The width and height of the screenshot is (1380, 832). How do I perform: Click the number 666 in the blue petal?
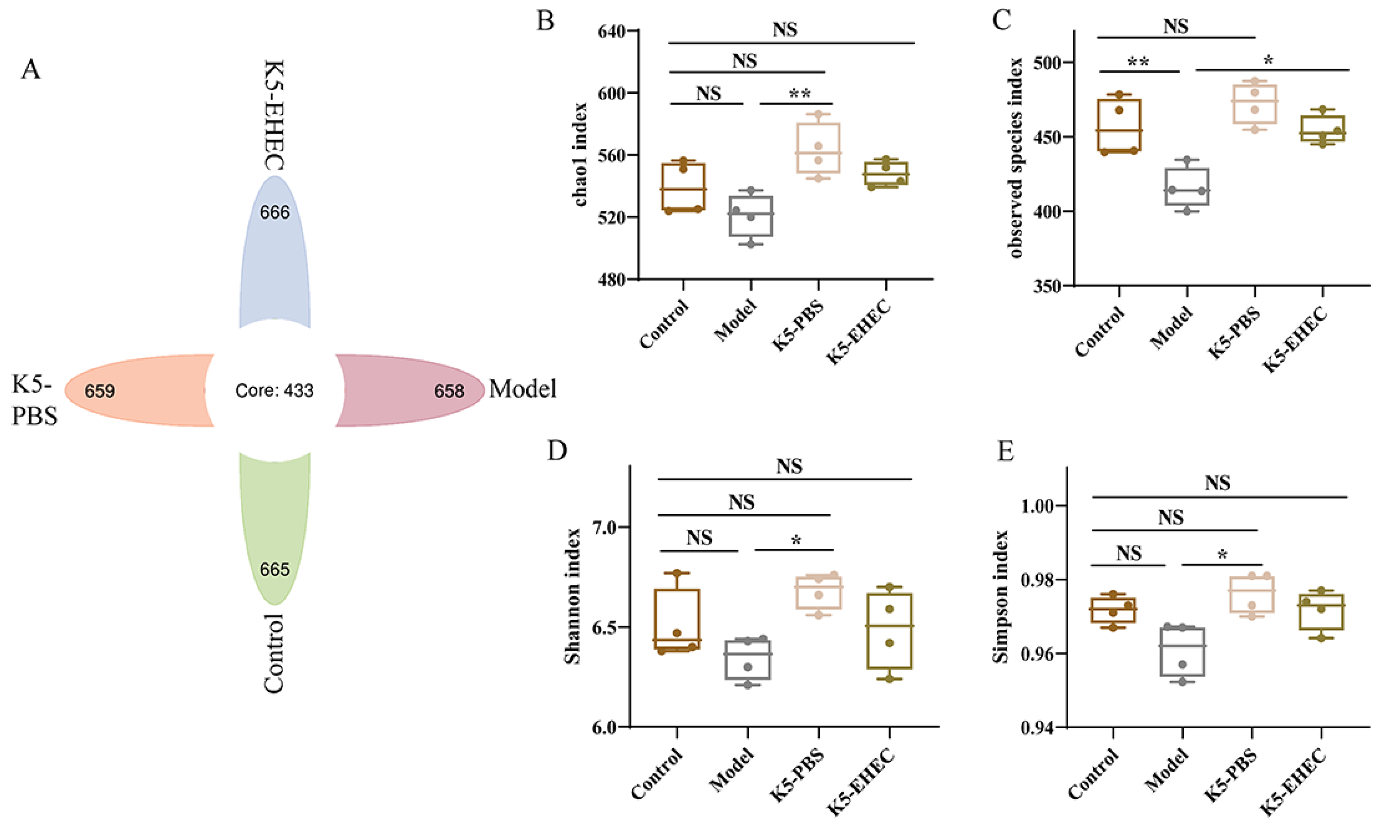click(274, 212)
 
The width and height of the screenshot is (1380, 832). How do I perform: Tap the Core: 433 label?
click(274, 390)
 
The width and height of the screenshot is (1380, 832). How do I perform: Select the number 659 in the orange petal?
click(100, 390)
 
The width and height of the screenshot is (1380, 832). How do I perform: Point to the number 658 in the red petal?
click(449, 390)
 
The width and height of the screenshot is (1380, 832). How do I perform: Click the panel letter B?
click(545, 21)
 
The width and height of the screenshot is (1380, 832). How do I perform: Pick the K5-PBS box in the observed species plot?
click(1254, 104)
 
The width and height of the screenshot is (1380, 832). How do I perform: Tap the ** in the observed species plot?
click(1138, 62)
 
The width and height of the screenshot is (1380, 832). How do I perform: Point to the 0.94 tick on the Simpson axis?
click(1037, 728)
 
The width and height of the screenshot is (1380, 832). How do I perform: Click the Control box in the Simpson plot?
click(1113, 610)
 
